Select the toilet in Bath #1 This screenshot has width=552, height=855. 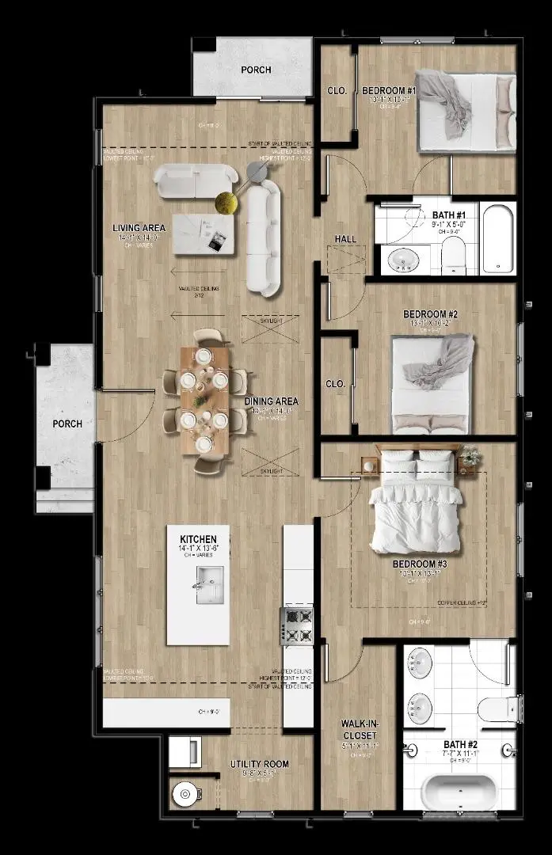point(452,255)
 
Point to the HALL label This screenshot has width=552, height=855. point(345,239)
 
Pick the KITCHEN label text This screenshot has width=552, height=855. point(198,539)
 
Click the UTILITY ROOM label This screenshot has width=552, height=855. point(259,764)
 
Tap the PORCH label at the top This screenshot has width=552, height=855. point(256,70)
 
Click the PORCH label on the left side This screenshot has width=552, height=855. point(67,424)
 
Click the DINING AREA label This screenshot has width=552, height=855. point(271,401)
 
